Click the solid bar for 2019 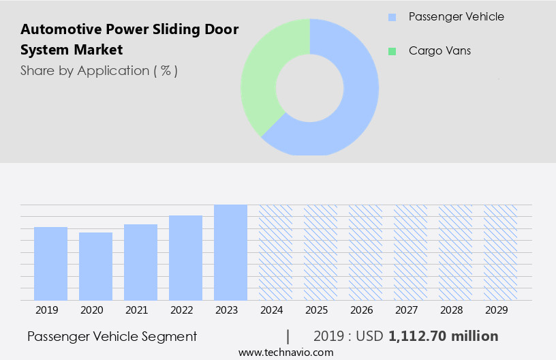coord(50,263)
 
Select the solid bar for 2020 coord(95,266)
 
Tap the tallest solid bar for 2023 coord(230,252)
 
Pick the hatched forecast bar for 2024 coord(275,252)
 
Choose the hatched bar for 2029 coord(500,252)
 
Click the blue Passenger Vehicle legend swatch coord(392,17)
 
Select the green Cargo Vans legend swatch coord(392,51)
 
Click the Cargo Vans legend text coord(439,51)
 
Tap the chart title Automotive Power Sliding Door coord(129,29)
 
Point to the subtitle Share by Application coord(99,70)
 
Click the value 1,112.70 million coord(443,336)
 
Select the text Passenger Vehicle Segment coord(112,336)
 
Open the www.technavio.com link coord(286,352)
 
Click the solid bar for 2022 coord(185,258)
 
